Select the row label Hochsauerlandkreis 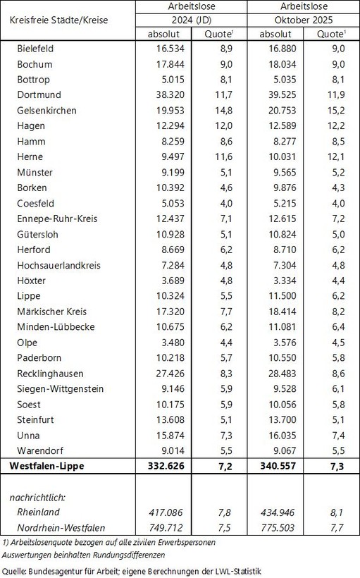coord(58,280)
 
